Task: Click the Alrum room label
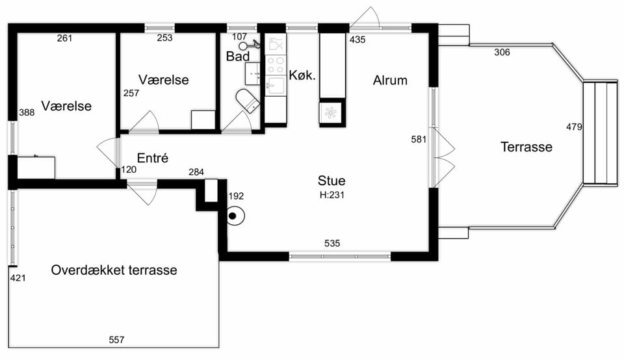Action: pyautogui.click(x=390, y=81)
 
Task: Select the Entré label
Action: pyautogui.click(x=152, y=158)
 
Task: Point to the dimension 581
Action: pyautogui.click(x=419, y=139)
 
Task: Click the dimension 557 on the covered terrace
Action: pyautogui.click(x=116, y=340)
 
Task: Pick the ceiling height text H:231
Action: pyautogui.click(x=332, y=195)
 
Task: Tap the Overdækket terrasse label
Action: pyautogui.click(x=114, y=270)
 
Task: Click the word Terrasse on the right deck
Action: pyautogui.click(x=526, y=147)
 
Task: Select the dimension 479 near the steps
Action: pyautogui.click(x=574, y=127)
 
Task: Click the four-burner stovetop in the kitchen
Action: pyautogui.click(x=276, y=65)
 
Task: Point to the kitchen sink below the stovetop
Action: pyautogui.click(x=276, y=86)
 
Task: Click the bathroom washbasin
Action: pyautogui.click(x=253, y=73)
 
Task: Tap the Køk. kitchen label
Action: pyautogui.click(x=302, y=75)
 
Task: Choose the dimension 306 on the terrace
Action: pyautogui.click(x=502, y=52)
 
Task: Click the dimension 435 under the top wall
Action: pyautogui.click(x=357, y=40)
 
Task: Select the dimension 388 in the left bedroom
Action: pyautogui.click(x=27, y=112)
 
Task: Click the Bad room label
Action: pyautogui.click(x=238, y=57)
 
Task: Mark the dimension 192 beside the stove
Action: pyautogui.click(x=236, y=196)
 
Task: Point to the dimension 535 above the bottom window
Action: pyautogui.click(x=332, y=243)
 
